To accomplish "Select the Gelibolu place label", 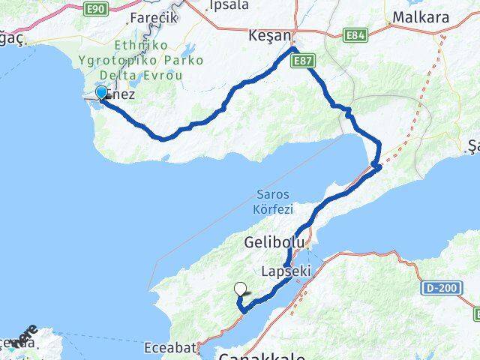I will click(274, 243).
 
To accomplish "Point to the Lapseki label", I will click(283, 270).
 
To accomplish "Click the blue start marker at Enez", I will click(101, 93).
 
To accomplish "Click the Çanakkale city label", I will click(255, 354).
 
